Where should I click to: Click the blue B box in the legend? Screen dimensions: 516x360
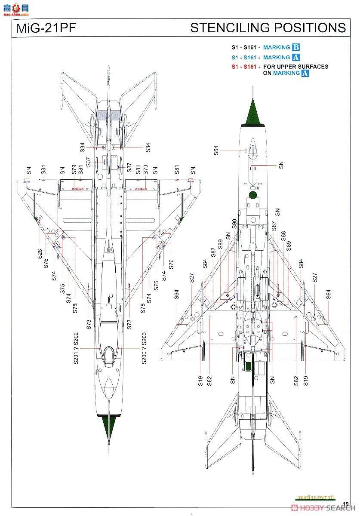tap(295, 48)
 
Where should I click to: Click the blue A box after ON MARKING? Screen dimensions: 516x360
tap(305, 73)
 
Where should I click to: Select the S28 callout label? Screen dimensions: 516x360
tap(40, 254)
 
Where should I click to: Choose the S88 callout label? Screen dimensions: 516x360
tap(283, 236)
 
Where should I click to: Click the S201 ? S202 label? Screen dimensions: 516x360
tap(76, 348)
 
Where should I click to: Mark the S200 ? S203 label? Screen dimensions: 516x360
tap(144, 348)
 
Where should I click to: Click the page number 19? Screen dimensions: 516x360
tap(345, 504)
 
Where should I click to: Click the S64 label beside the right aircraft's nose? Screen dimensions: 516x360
tap(216, 150)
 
